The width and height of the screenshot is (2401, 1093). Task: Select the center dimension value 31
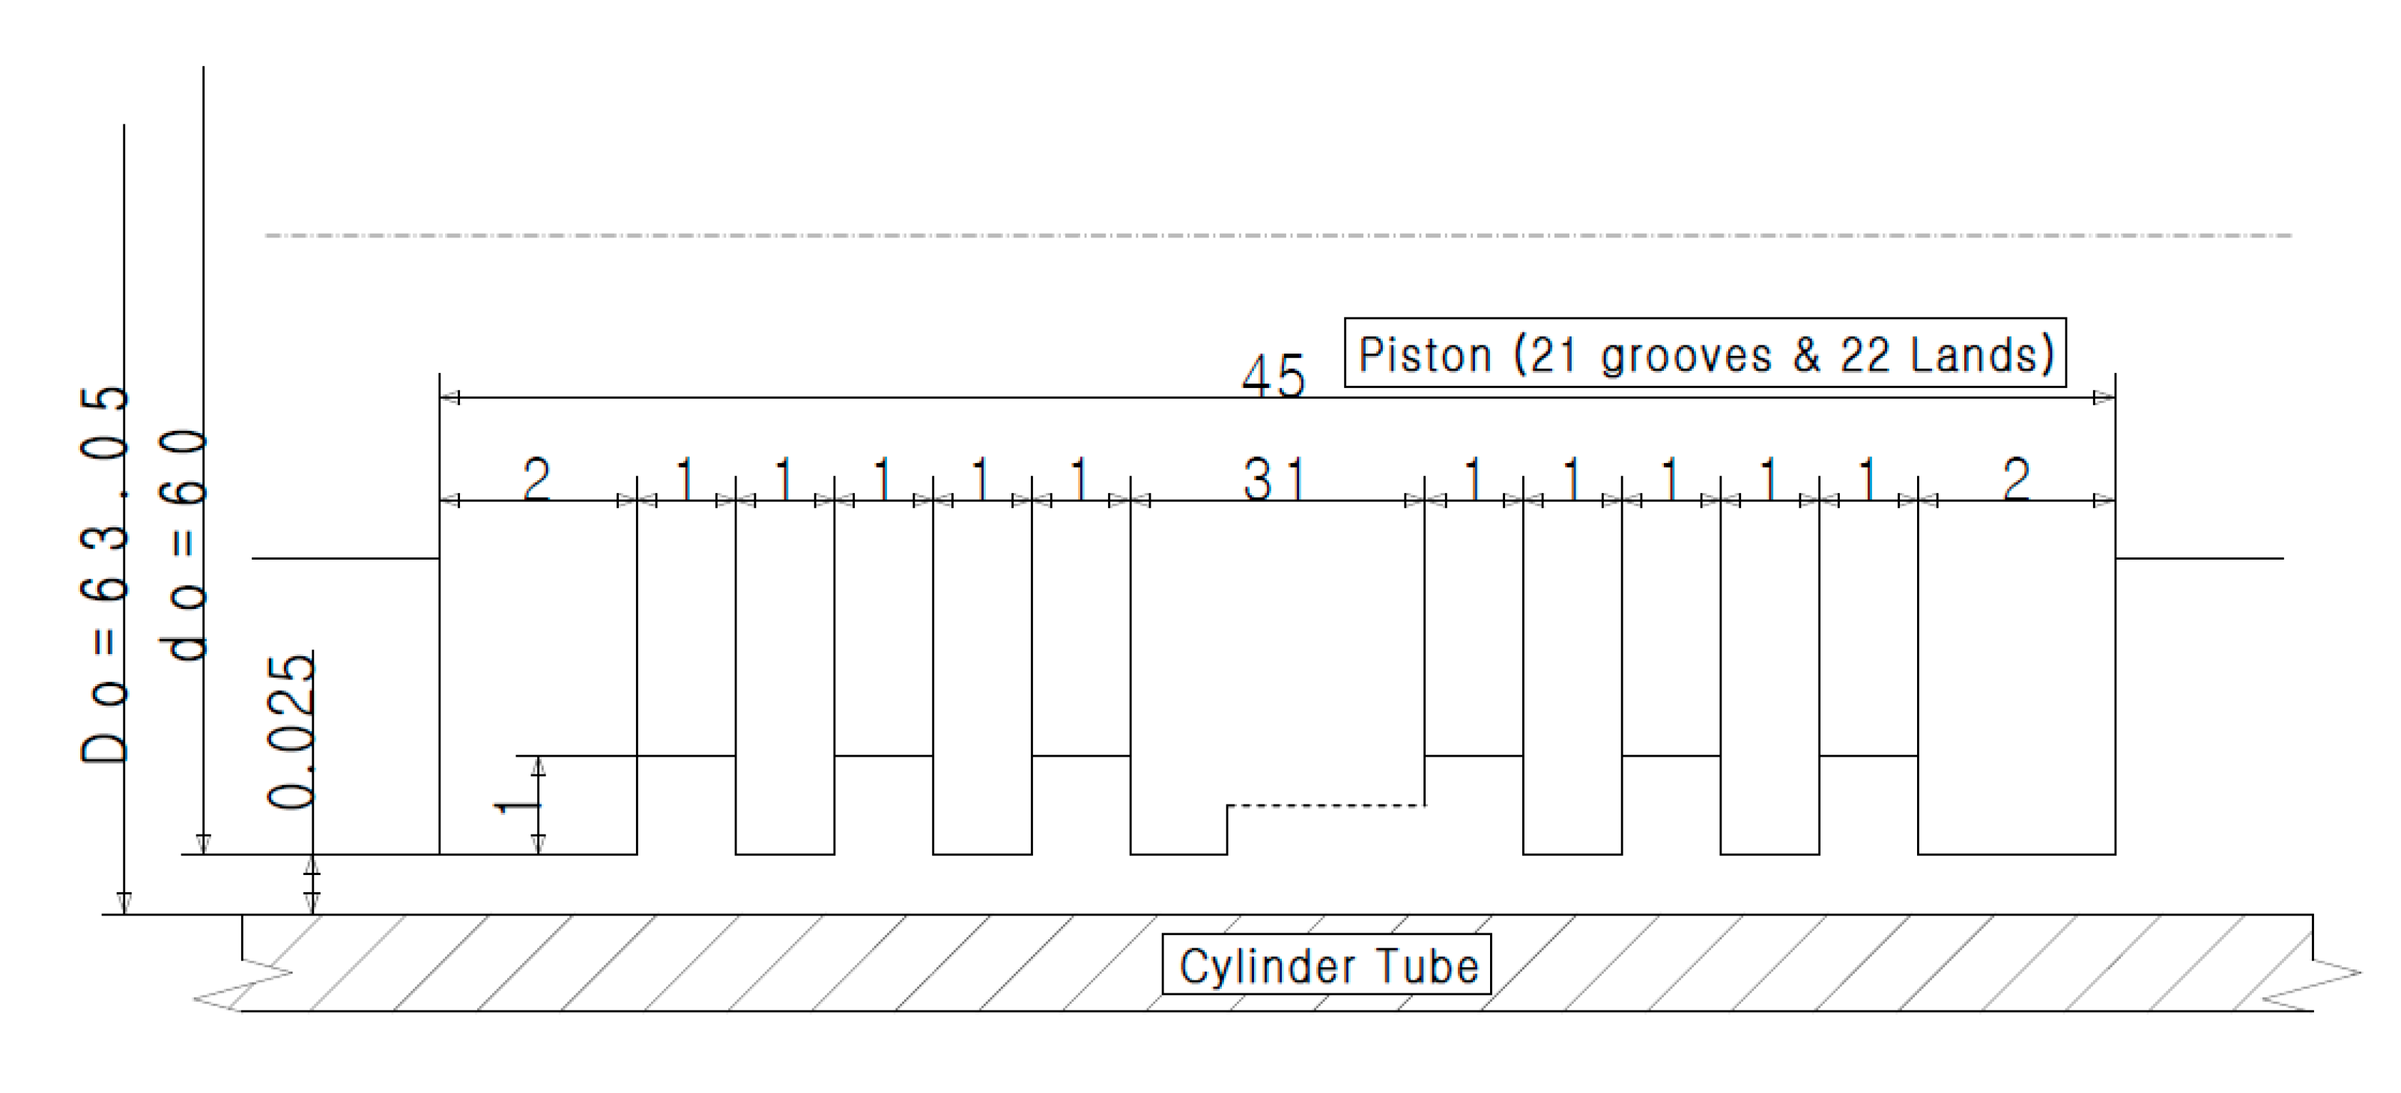[1274, 480]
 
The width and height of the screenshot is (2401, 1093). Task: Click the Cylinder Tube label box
[1326, 966]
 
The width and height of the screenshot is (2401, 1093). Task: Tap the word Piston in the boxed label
[1425, 355]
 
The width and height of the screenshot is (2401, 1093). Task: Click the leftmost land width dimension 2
[536, 480]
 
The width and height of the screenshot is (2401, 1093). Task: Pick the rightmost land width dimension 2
[2016, 480]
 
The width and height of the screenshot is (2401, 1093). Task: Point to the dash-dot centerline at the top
[1277, 234]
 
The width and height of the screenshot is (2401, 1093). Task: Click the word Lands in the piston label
[1981, 355]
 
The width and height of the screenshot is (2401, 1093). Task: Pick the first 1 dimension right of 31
[1474, 480]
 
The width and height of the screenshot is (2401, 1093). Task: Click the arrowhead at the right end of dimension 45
[2104, 398]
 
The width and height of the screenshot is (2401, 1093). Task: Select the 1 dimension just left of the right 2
[1868, 480]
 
